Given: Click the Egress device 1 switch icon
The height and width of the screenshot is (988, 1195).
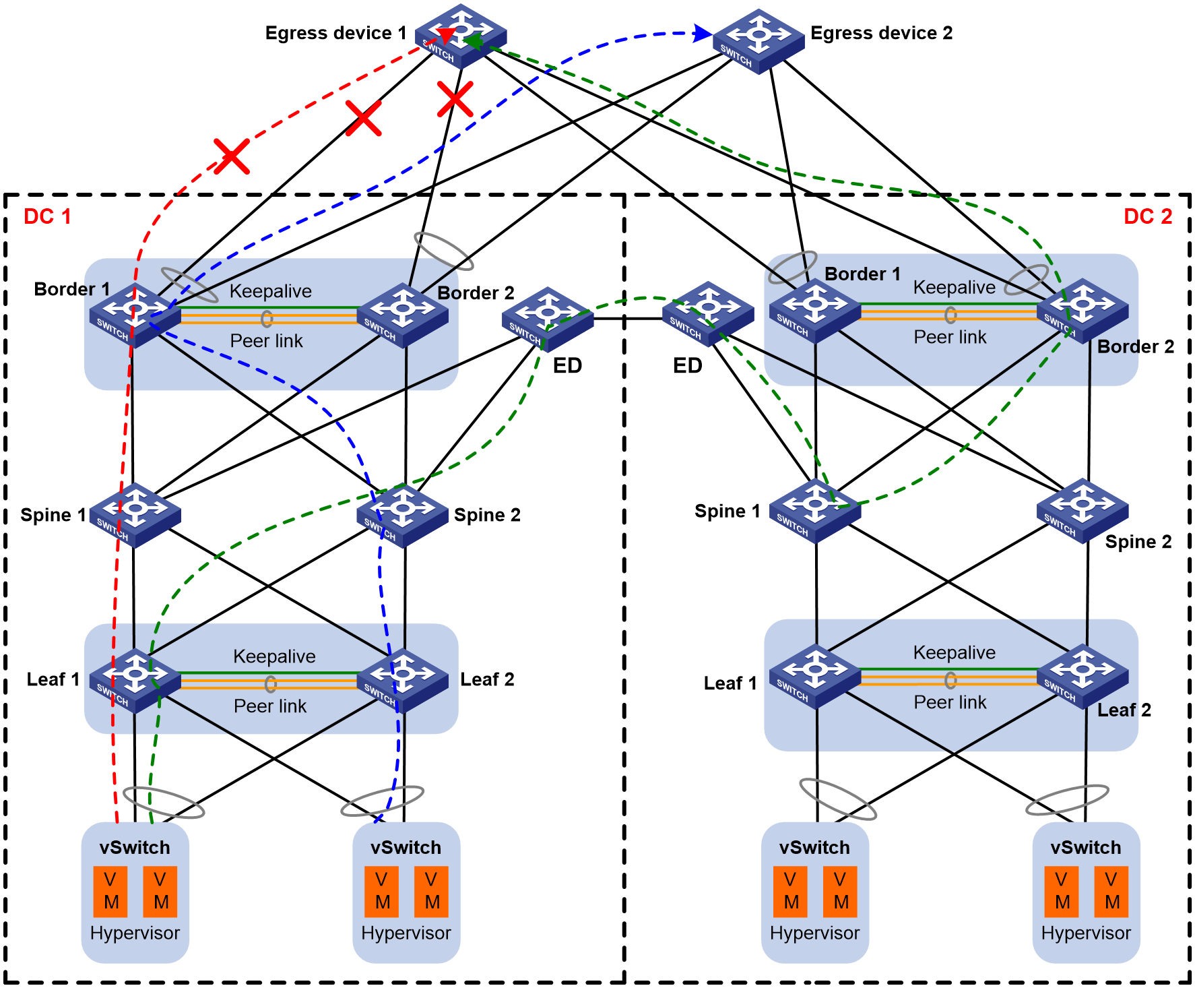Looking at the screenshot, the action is (461, 36).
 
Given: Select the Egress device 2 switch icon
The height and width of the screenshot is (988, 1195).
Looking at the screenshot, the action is (758, 41).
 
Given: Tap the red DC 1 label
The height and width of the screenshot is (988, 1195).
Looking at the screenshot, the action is (47, 216).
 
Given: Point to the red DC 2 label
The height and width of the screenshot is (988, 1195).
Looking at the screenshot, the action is (1148, 216).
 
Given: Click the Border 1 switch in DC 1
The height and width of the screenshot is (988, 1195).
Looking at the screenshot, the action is (135, 315).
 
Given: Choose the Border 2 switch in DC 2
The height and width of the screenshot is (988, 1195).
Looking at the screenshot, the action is (1083, 311).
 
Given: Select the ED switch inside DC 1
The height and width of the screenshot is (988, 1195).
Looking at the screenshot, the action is (548, 319).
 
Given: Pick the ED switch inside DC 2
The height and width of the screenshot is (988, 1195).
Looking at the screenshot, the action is (708, 314).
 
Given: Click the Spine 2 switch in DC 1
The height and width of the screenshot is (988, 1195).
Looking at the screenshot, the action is (402, 516).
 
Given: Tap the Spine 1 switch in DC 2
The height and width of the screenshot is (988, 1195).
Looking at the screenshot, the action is (815, 511).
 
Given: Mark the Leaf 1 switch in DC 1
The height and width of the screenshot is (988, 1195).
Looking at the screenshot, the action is (135, 681).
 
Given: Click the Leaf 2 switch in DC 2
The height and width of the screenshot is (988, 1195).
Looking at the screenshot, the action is (1083, 677).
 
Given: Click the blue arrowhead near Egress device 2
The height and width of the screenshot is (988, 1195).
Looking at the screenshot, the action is (703, 33).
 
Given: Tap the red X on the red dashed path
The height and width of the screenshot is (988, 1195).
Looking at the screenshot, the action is (232, 156).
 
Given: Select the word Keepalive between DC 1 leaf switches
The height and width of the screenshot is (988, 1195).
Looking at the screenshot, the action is (274, 656).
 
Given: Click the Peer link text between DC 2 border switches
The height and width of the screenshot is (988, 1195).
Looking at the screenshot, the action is (950, 337).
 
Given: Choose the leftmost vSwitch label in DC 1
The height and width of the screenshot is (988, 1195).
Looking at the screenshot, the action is (135, 848).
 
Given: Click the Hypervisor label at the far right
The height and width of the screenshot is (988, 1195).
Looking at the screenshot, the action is (1086, 933).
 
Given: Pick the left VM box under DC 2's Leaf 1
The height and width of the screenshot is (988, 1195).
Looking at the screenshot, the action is (791, 892).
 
